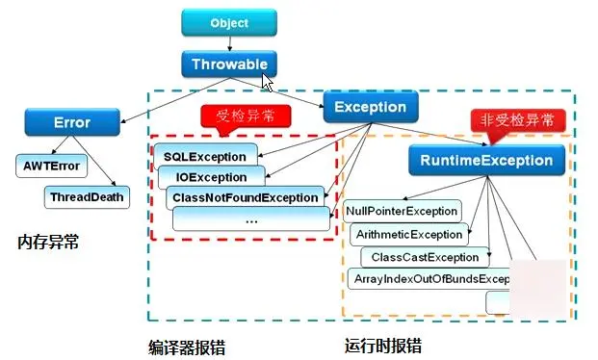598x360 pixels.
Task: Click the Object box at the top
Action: click(228, 22)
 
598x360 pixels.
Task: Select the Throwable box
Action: click(228, 64)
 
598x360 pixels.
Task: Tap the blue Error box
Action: click(71, 122)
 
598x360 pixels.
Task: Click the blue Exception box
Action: click(370, 107)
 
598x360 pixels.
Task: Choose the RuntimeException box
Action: click(486, 161)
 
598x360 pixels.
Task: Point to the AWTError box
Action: click(50, 166)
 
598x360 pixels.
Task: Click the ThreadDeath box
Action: click(87, 196)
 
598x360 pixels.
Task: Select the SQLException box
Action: click(205, 156)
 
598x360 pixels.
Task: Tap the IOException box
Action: click(211, 177)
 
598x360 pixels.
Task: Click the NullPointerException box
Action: click(402, 211)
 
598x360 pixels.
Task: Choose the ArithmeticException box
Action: click(408, 234)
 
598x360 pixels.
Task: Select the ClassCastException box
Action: click(425, 257)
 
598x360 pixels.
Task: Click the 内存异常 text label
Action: click(48, 242)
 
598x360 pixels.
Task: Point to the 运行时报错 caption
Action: click(382, 346)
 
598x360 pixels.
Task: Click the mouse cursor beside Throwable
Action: click(269, 81)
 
